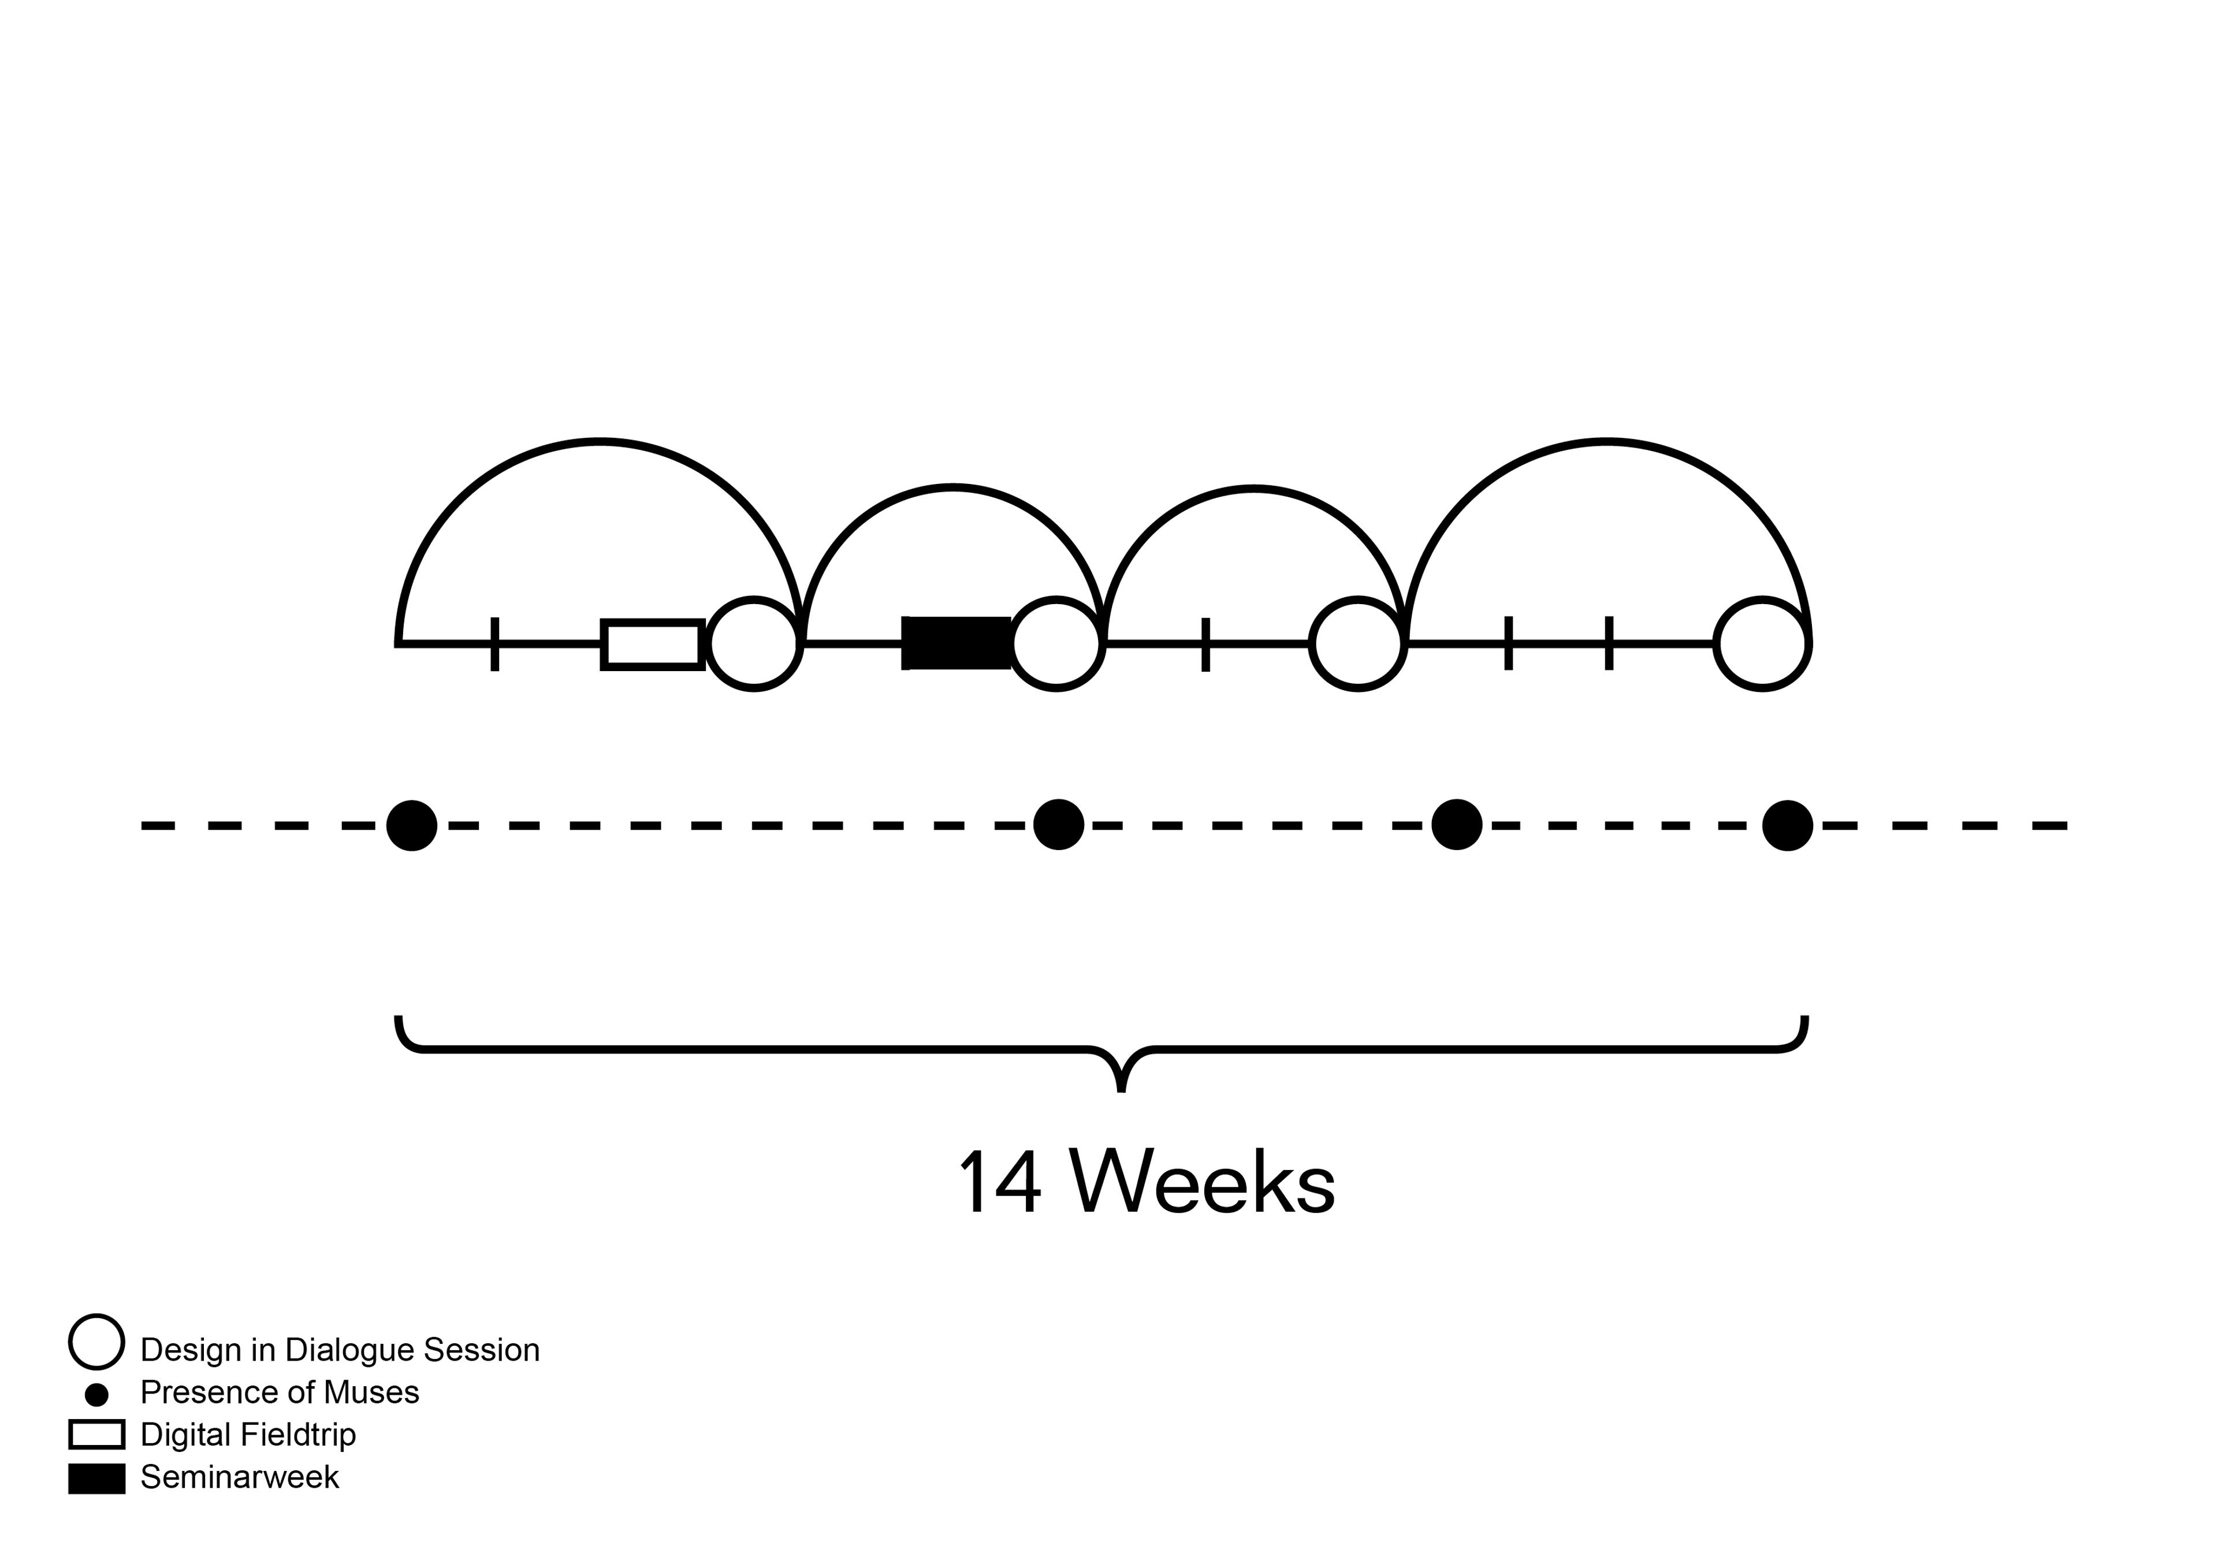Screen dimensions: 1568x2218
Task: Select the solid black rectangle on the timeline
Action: [x=957, y=642]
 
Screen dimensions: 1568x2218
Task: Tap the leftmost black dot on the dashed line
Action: [x=411, y=825]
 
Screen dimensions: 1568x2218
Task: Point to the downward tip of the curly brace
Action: [x=1121, y=1088]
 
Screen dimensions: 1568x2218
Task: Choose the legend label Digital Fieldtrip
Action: [x=248, y=1435]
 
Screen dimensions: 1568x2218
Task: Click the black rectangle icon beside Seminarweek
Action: [x=96, y=1478]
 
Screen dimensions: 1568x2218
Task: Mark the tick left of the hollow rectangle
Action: [x=494, y=643]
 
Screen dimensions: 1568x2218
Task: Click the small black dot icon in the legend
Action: [x=96, y=1394]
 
